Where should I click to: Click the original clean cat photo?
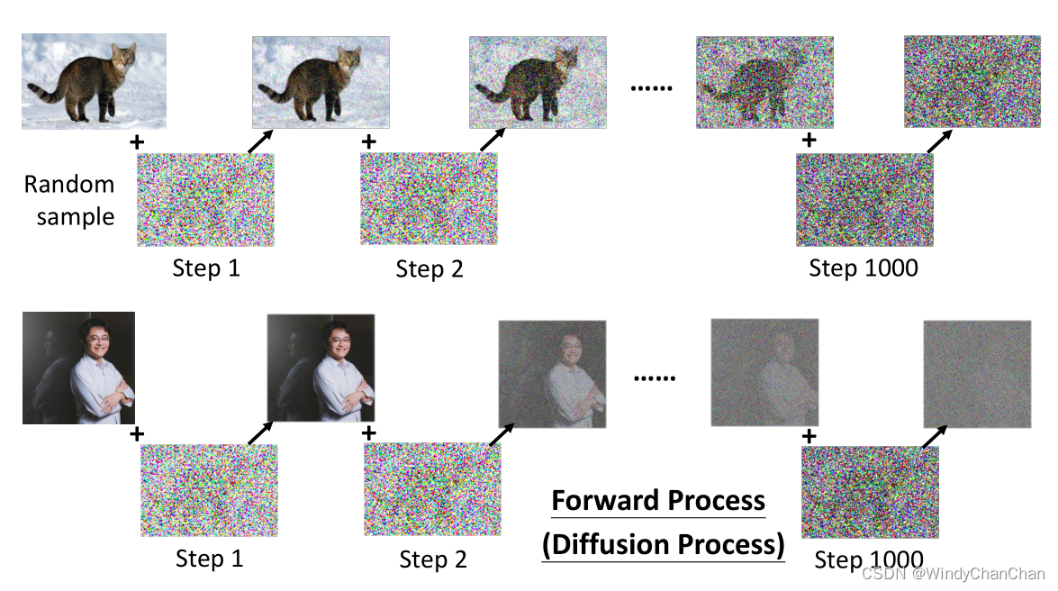[x=94, y=81]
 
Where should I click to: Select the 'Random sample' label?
[x=69, y=200]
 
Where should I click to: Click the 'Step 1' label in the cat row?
[x=206, y=268]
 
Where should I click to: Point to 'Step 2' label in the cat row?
[x=430, y=268]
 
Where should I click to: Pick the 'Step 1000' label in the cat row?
[x=863, y=268]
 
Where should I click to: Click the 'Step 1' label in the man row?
[x=209, y=559]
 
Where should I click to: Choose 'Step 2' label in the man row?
[x=433, y=559]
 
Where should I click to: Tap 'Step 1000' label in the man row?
[x=868, y=559]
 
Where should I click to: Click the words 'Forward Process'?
[x=658, y=500]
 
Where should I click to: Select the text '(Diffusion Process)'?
[x=663, y=544]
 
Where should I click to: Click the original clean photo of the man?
[x=78, y=368]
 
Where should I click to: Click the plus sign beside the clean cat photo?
[x=137, y=142]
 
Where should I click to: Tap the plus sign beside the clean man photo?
[x=137, y=434]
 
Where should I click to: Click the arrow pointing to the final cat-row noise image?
[x=939, y=141]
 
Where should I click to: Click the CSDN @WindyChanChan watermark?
[x=953, y=573]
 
